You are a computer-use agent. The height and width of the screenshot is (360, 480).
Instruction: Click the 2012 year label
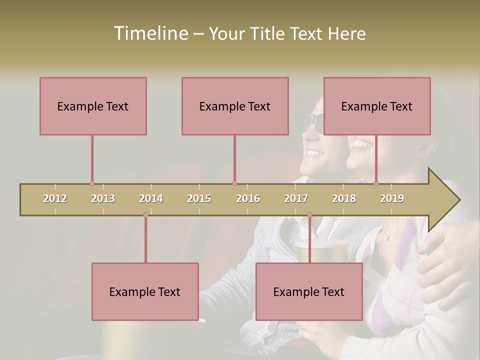point(55,198)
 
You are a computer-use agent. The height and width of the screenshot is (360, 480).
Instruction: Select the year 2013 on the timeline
point(103,198)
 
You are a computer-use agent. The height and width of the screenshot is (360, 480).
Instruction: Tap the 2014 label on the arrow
point(151,198)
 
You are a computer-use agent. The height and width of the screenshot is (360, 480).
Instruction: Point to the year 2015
point(199,198)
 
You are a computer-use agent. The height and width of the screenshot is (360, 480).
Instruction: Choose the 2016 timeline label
point(248,198)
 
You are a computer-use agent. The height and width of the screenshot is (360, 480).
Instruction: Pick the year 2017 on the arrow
point(296,198)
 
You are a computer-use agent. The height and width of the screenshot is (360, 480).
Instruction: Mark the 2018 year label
point(344,198)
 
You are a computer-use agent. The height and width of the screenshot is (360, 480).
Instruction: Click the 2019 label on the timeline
point(392,198)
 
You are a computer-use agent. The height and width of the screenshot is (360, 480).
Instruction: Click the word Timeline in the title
point(150,33)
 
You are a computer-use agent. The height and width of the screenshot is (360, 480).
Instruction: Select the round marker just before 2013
point(92,183)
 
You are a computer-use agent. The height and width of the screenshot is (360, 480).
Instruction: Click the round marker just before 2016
point(234,183)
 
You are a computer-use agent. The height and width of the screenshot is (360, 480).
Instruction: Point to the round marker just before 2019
point(376,183)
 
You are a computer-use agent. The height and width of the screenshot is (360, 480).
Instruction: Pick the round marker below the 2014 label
point(145,215)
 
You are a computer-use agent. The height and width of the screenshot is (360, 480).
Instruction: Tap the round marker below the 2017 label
point(309,215)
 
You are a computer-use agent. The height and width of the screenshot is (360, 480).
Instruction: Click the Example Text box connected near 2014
point(145,291)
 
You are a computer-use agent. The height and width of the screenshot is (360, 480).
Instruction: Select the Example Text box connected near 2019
point(377,106)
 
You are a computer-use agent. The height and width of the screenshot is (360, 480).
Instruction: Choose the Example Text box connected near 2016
point(235,106)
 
